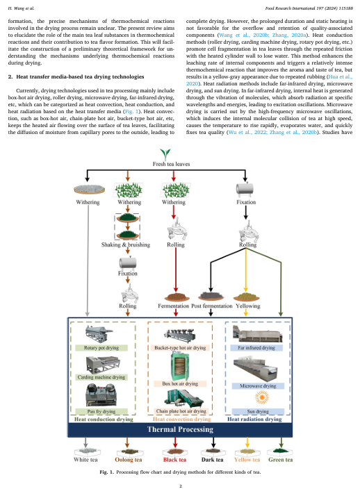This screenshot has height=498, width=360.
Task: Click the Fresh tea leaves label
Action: coord(171,164)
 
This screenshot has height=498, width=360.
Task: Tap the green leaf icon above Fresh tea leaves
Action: coord(165,154)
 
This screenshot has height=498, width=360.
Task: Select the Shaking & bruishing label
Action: coord(126,244)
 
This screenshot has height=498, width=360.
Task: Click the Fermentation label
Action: coord(173,306)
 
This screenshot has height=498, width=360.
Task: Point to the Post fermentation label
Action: coord(212,306)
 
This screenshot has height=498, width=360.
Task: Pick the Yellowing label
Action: coord(248,306)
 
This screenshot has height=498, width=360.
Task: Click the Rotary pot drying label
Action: coord(101,348)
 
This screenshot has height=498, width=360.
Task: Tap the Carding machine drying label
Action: coord(101,377)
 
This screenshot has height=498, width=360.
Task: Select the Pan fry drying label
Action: coord(101,411)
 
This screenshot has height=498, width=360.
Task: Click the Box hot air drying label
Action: coord(180,383)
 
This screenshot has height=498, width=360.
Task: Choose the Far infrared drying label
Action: coord(256,348)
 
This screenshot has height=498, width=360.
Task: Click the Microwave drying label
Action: coord(258,386)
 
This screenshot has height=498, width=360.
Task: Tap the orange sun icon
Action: coord(262,397)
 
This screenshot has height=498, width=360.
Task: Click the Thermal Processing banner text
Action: coord(180,429)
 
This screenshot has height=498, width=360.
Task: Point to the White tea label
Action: coord(85,460)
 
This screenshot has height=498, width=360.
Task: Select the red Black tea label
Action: coord(174,460)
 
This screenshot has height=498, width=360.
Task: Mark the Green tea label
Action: coord(281,460)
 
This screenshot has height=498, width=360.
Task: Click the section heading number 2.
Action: coord(10,77)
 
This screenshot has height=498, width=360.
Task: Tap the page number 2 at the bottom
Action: coord(181,486)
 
